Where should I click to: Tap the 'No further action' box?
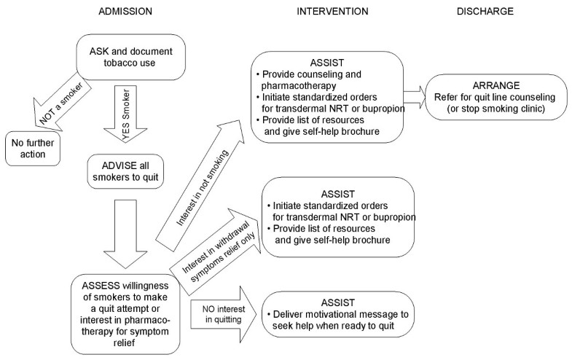click(x=32, y=147)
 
